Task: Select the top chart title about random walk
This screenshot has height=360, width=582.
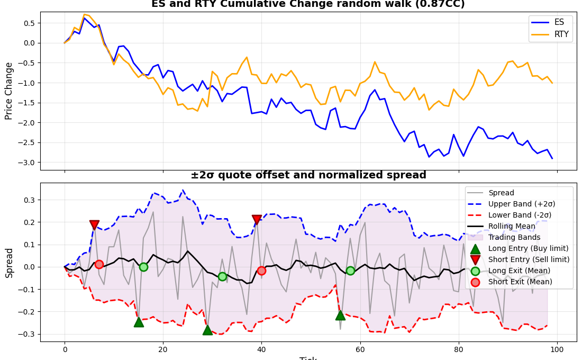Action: coord(308,4)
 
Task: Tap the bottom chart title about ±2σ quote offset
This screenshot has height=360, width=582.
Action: coord(308,175)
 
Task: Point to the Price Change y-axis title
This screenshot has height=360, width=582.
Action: coord(9,91)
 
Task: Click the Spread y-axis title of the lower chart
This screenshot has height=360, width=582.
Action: coord(9,262)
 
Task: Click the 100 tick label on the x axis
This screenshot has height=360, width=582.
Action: coord(557,350)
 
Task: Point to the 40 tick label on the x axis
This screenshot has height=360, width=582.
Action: coord(261,350)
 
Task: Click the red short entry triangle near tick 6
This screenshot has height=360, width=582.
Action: coord(94,225)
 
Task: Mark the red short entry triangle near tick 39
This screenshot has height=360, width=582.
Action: coord(257,219)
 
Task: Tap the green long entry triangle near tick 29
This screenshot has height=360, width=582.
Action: coord(207,330)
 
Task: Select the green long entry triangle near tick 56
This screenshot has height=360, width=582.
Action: coord(340,315)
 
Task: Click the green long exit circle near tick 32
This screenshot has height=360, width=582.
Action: coord(222,276)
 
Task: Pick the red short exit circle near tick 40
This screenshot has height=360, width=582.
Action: coord(261,271)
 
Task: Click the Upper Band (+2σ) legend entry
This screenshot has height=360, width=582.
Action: coord(522,204)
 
